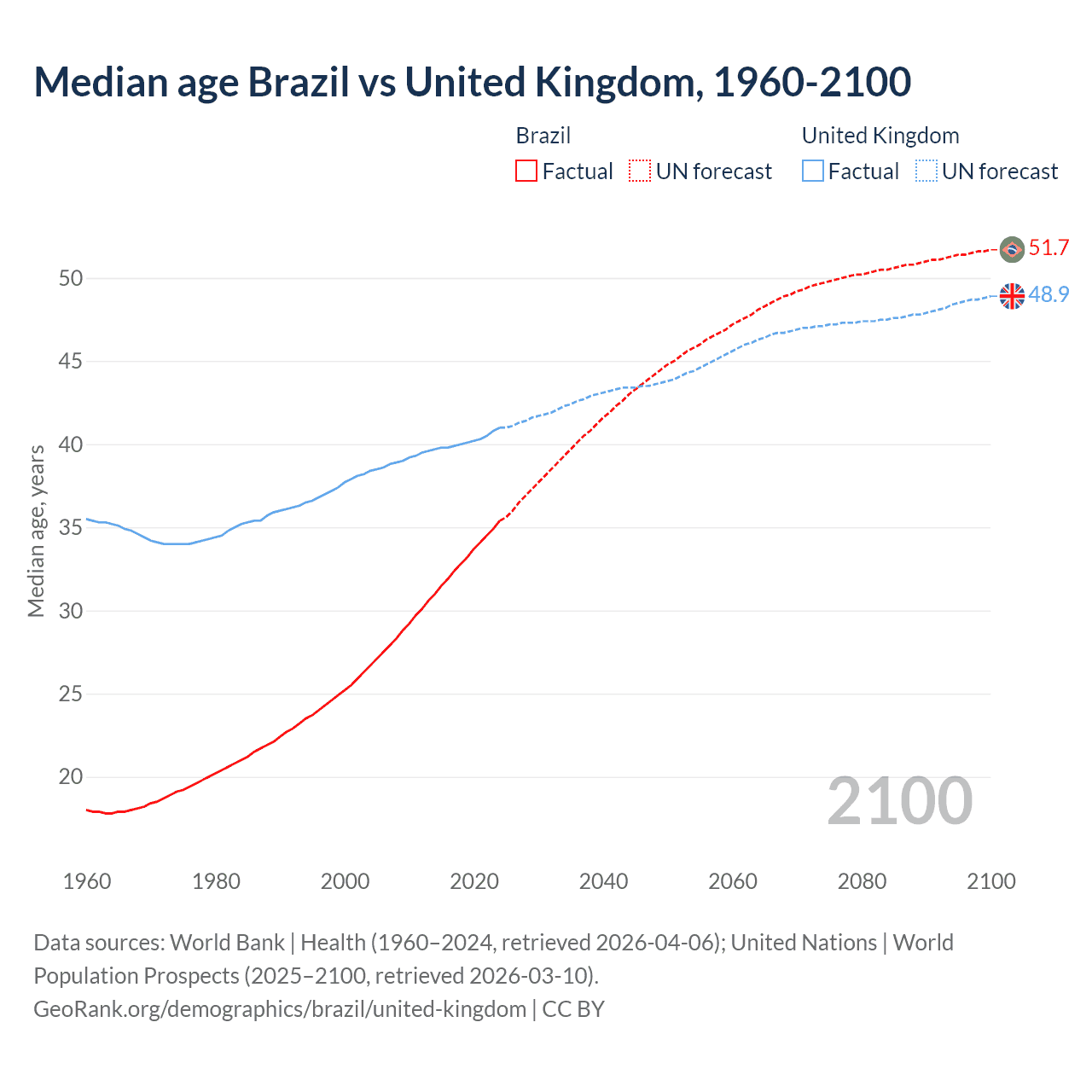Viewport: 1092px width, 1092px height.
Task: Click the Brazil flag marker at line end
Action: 1012,249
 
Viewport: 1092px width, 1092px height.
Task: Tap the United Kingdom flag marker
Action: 1012,296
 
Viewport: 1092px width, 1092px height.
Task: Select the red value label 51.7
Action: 1048,248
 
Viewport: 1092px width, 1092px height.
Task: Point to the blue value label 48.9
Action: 1048,294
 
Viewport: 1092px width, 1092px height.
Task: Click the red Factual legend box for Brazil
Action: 526,171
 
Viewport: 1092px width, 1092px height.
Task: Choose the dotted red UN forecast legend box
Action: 640,171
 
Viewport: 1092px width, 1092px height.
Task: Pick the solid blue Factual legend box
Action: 813,171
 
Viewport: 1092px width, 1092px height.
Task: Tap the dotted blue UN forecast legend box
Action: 926,171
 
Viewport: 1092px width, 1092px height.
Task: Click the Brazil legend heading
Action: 543,136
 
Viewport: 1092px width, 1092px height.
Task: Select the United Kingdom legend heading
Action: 880,136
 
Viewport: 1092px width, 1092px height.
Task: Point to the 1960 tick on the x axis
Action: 87,881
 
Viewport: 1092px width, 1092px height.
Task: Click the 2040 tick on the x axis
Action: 603,881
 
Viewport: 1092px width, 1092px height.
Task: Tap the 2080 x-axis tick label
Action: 862,881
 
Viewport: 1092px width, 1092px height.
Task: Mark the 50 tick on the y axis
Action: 71,278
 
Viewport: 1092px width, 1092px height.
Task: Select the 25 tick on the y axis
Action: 71,694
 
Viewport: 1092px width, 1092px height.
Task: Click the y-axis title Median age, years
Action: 36,531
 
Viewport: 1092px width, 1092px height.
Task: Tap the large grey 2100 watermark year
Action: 900,801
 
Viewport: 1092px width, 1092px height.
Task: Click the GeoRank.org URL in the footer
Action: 280,1009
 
